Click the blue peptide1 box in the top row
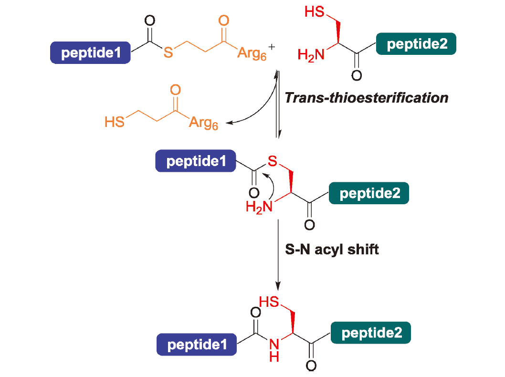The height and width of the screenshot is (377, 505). click(x=91, y=53)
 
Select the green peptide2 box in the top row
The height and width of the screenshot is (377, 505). click(x=416, y=44)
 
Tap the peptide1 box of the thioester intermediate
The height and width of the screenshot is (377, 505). click(x=196, y=161)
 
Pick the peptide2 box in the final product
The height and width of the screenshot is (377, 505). click(x=371, y=333)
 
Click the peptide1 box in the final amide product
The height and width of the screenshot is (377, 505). click(x=197, y=345)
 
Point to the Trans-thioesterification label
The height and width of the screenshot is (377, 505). click(x=367, y=98)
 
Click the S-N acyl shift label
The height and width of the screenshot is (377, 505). click(x=332, y=250)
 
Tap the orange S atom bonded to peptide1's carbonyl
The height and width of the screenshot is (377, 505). click(x=168, y=52)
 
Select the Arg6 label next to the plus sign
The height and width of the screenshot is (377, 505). click(x=252, y=53)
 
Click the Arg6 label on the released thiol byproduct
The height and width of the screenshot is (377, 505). click(x=203, y=123)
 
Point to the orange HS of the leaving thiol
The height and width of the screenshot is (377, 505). click(x=115, y=122)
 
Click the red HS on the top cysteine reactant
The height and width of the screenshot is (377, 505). click(x=315, y=12)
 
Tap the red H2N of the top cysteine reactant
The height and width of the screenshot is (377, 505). click(x=311, y=55)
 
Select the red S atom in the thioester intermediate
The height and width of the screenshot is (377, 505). click(x=273, y=161)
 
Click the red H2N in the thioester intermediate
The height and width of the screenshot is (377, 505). click(x=259, y=207)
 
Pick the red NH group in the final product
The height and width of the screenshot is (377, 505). click(x=274, y=350)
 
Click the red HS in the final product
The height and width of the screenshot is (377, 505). click(x=269, y=302)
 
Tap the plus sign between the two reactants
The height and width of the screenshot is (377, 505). click(x=272, y=47)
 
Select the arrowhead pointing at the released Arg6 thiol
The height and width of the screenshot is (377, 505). click(x=229, y=123)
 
